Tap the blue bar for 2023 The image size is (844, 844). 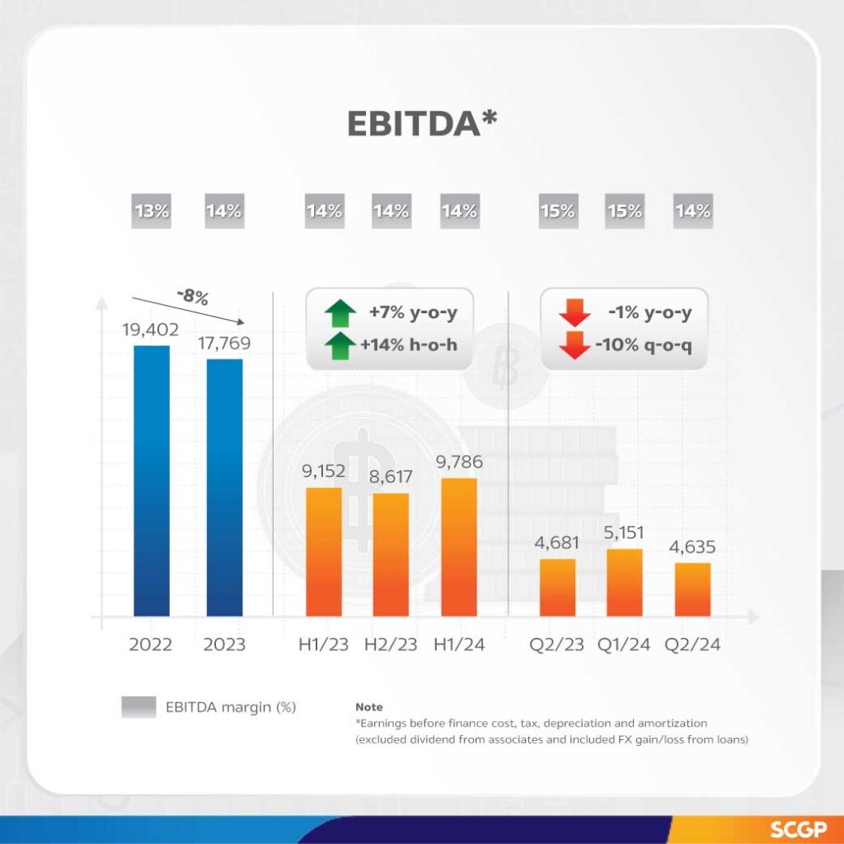(224, 487)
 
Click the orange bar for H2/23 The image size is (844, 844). (391, 554)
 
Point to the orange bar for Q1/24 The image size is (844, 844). (624, 582)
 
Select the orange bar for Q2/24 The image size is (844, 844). (692, 589)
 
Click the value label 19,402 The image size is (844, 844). (152, 329)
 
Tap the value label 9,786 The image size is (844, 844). (459, 462)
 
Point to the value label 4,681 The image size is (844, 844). (558, 542)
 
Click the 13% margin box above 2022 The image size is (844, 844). (152, 211)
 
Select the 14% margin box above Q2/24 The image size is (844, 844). (692, 211)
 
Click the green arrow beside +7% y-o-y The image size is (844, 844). (340, 314)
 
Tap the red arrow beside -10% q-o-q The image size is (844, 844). (574, 345)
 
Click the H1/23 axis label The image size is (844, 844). (323, 645)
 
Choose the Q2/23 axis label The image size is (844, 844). (558, 645)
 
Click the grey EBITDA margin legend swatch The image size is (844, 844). (138, 706)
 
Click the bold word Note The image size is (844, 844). (369, 707)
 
